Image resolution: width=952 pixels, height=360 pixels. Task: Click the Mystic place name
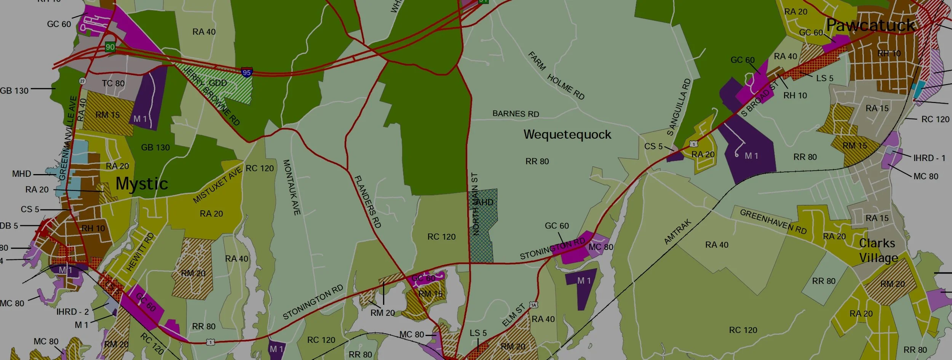pyautogui.click(x=142, y=184)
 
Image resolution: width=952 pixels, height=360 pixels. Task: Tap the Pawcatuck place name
pyautogui.click(x=871, y=26)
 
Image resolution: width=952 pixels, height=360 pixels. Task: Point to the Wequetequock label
pyautogui.click(x=567, y=134)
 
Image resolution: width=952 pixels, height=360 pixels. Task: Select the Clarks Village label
pyautogui.click(x=878, y=250)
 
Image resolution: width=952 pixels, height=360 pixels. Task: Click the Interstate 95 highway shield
pyautogui.click(x=247, y=72)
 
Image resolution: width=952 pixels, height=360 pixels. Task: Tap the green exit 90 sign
pyautogui.click(x=110, y=47)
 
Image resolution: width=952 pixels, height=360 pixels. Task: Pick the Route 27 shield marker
pyautogui.click(x=82, y=81)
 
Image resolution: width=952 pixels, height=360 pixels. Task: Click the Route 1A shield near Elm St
pyautogui.click(x=534, y=305)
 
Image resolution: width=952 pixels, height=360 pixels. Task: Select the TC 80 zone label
pyautogui.click(x=113, y=83)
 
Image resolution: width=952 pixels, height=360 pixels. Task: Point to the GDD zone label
pyautogui.click(x=218, y=83)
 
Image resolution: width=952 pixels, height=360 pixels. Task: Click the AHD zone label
pyautogui.click(x=484, y=202)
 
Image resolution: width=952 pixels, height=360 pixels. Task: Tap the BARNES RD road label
pyautogui.click(x=516, y=114)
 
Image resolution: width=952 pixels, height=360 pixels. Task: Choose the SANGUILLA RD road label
pyautogui.click(x=679, y=107)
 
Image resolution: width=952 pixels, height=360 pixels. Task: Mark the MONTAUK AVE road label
pyautogui.click(x=292, y=187)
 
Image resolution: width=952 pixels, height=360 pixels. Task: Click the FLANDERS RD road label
pyautogui.click(x=367, y=202)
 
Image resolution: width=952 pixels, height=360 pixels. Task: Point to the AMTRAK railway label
pyautogui.click(x=677, y=232)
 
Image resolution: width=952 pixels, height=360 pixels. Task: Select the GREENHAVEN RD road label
pyautogui.click(x=773, y=221)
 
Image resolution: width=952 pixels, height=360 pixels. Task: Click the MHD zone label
pyautogui.click(x=22, y=174)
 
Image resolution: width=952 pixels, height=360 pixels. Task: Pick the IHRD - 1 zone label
pyautogui.click(x=929, y=158)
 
